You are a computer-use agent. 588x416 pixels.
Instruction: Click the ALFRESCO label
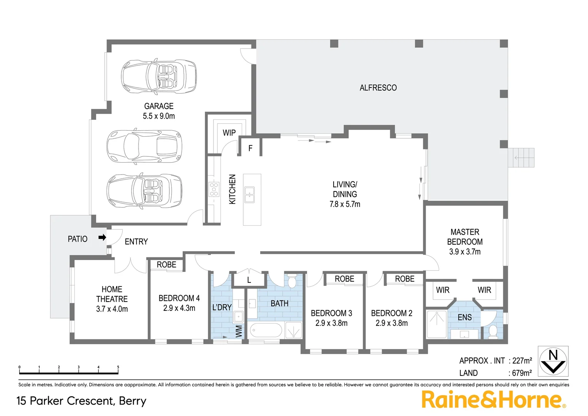pyautogui.click(x=378, y=88)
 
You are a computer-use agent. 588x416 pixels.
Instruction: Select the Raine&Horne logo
pyautogui.click(x=493, y=399)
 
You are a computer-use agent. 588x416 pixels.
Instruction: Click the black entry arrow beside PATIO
pyautogui.click(x=102, y=237)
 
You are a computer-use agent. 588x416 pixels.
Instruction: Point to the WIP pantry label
pyautogui.click(x=229, y=133)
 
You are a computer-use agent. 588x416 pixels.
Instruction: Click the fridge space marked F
pyautogui.click(x=250, y=148)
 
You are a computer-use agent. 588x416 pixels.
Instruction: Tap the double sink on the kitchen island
pyautogui.click(x=249, y=195)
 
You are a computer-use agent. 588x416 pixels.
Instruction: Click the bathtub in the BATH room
pyautogui.click(x=266, y=330)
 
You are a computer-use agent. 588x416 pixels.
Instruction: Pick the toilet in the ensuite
pyautogui.click(x=493, y=331)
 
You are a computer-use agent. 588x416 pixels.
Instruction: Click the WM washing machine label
pyautogui.click(x=239, y=331)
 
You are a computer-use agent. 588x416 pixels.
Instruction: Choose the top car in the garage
pyautogui.click(x=159, y=76)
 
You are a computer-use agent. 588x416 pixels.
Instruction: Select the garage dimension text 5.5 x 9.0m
pyautogui.click(x=159, y=116)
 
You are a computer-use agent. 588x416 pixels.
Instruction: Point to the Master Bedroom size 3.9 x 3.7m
pyautogui.click(x=464, y=252)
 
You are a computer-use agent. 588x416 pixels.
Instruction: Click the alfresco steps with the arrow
pyautogui.click(x=521, y=158)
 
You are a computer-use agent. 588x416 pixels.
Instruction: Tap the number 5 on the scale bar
pyautogui.click(x=118, y=367)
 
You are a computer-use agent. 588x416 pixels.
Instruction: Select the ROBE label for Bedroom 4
pyautogui.click(x=166, y=265)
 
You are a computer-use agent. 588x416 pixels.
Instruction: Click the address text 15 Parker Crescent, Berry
pyautogui.click(x=82, y=401)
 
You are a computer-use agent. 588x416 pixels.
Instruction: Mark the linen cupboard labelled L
pyautogui.click(x=249, y=280)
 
